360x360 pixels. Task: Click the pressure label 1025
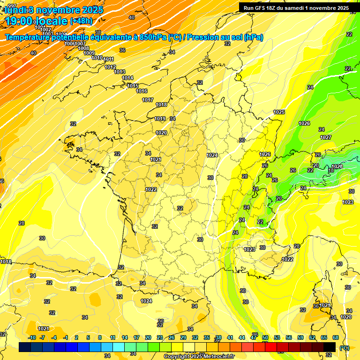point(279,112)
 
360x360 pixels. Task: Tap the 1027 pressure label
point(326,137)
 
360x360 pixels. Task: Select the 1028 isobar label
point(337,166)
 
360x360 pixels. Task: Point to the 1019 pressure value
point(160,119)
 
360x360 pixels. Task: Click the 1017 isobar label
point(148,100)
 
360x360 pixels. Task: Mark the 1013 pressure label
point(120,72)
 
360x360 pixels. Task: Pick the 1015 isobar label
point(133,86)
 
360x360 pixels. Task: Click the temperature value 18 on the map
point(330,171)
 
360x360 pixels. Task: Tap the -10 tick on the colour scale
point(32,337)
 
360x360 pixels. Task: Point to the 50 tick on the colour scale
point(265,337)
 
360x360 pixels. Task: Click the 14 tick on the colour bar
point(125,337)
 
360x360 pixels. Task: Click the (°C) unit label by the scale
point(344,348)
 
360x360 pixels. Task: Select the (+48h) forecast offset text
point(81,21)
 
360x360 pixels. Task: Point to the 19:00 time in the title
point(20,21)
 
